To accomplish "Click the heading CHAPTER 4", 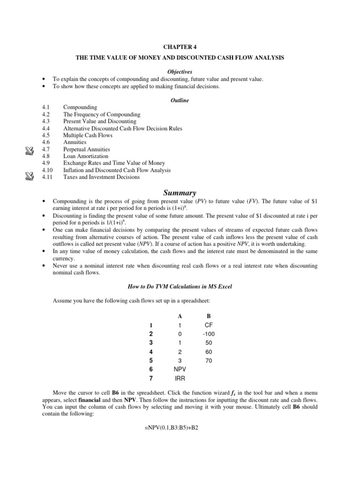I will coord(180,47).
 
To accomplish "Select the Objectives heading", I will coord(180,72).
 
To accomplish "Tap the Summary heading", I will coord(180,193).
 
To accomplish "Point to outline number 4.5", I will coord(45,135).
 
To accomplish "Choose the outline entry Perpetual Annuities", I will coord(87,149).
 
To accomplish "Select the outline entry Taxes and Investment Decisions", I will coord(101,177).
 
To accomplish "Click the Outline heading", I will coord(180,100).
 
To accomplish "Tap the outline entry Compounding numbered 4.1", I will coord(80,107).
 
